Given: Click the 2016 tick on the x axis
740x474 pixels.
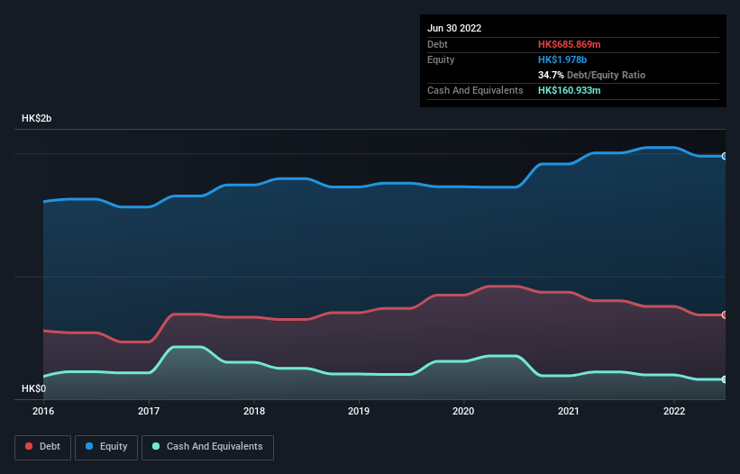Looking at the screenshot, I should tap(43, 411).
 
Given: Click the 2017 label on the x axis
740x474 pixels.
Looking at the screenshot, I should tap(149, 411).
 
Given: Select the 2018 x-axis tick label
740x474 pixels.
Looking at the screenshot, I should tap(254, 411).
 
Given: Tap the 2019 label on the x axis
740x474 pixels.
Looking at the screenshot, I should tap(359, 411).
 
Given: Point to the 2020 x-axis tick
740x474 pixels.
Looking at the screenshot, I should tap(463, 411).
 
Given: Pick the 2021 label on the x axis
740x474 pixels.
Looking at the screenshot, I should tap(569, 411).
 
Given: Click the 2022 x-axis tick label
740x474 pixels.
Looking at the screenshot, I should tap(674, 411).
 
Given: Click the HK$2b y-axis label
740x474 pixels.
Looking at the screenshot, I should tap(37, 119).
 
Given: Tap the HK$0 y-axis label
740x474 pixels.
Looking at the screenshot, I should tap(33, 388).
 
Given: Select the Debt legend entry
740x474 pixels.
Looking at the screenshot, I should tap(43, 446).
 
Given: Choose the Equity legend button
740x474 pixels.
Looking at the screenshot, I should tap(107, 446).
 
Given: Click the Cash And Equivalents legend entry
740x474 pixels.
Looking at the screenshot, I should tap(207, 446).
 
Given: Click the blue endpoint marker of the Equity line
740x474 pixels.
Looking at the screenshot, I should tap(725, 156).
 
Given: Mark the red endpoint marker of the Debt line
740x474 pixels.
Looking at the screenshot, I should tap(725, 314).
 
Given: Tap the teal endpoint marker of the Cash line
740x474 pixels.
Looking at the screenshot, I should tap(725, 379).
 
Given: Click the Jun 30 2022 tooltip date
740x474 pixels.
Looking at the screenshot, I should tap(454, 28).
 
